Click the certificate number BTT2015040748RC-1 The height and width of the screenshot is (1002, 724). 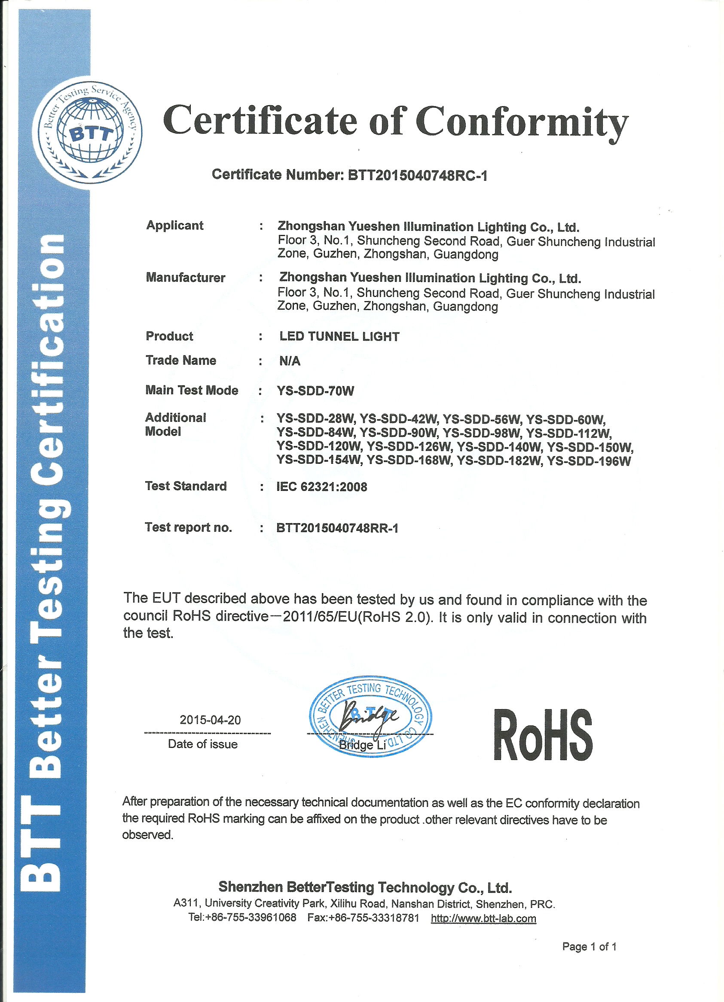click(417, 175)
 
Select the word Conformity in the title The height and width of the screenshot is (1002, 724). click(522, 122)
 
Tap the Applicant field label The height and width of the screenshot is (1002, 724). click(174, 225)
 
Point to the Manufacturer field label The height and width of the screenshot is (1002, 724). click(186, 277)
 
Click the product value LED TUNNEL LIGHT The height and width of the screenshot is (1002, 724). click(339, 337)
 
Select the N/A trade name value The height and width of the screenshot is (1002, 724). click(290, 361)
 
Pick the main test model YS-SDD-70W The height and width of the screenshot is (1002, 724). click(315, 390)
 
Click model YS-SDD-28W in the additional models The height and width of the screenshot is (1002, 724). click(315, 419)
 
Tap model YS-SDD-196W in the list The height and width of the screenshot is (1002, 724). click(589, 461)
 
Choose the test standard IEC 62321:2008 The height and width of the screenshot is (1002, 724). click(322, 487)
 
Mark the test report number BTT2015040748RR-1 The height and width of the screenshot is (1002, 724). click(337, 528)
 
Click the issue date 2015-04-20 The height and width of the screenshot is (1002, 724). click(210, 720)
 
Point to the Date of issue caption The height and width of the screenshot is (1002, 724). click(203, 744)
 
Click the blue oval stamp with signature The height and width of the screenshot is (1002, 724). click(370, 716)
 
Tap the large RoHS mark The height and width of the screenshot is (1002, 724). click(543, 736)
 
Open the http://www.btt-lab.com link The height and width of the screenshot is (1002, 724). click(483, 919)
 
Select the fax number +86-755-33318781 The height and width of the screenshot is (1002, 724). click(374, 918)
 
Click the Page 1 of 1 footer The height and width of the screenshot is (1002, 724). click(589, 946)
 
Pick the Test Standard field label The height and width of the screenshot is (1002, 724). click(186, 486)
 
